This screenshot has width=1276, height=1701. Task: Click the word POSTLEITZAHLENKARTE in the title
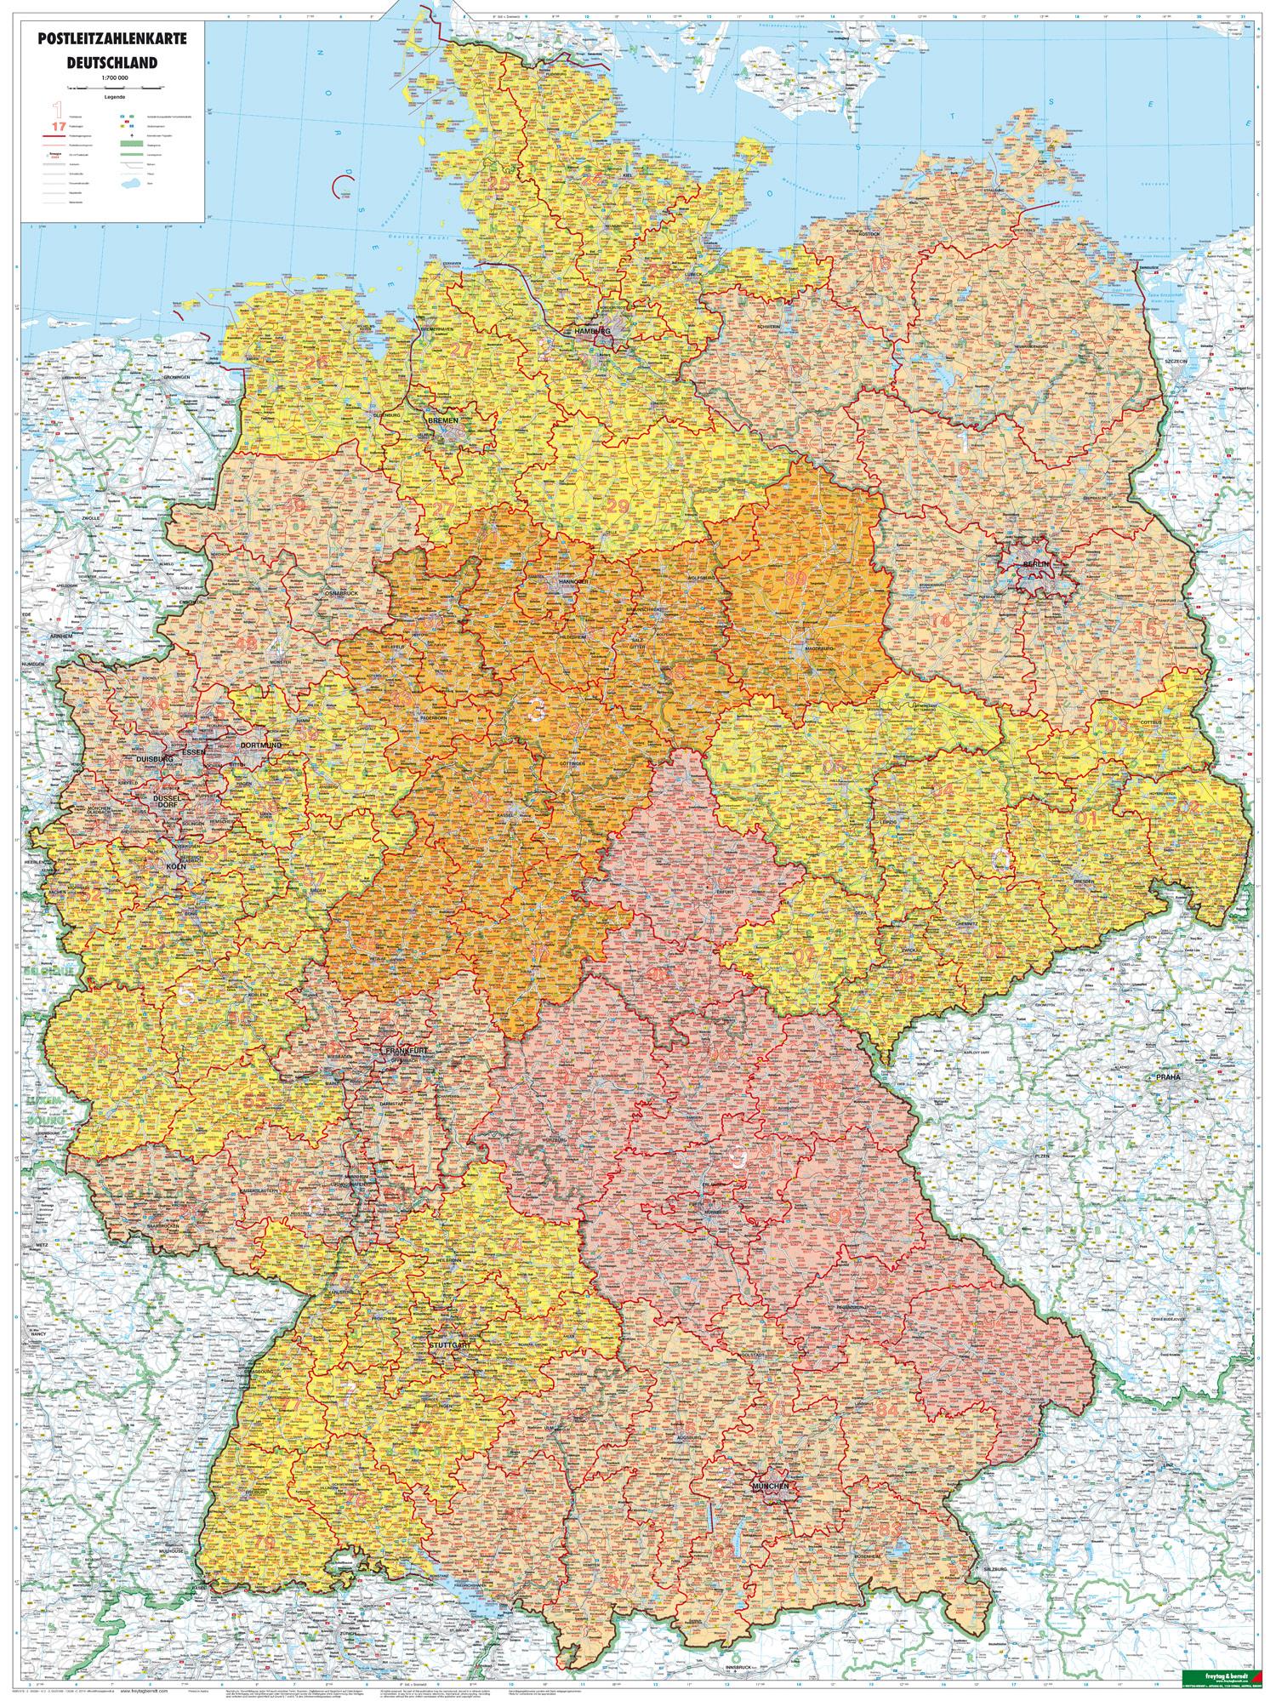pos(114,39)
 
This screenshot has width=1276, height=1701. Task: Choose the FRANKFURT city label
pos(405,1052)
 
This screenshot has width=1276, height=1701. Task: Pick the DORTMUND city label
pos(261,745)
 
